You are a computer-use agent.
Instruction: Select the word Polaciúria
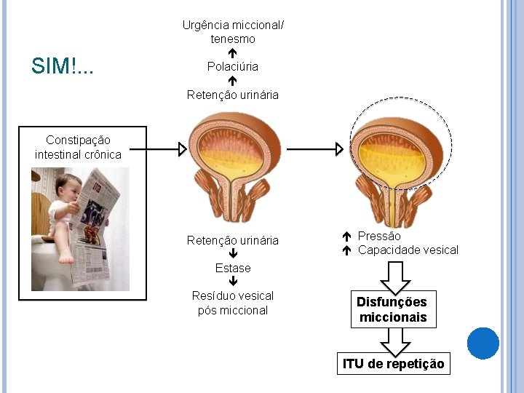[x=232, y=67]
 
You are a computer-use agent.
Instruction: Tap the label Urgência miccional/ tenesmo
[x=233, y=32]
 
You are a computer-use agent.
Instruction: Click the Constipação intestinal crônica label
[x=78, y=147]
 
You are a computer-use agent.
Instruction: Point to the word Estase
[x=233, y=268]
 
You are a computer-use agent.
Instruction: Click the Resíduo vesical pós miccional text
[x=233, y=303]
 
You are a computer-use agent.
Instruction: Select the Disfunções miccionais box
[x=392, y=309]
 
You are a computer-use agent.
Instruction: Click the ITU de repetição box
[x=393, y=363]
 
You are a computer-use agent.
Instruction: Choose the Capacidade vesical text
[x=408, y=250]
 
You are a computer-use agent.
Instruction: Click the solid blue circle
[x=483, y=344]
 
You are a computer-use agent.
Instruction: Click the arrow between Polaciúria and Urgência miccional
[x=232, y=53]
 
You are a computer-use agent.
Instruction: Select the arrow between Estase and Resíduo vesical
[x=233, y=282]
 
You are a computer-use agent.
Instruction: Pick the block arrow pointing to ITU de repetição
[x=392, y=340]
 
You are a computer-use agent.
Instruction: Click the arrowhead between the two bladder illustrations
[x=338, y=149]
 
